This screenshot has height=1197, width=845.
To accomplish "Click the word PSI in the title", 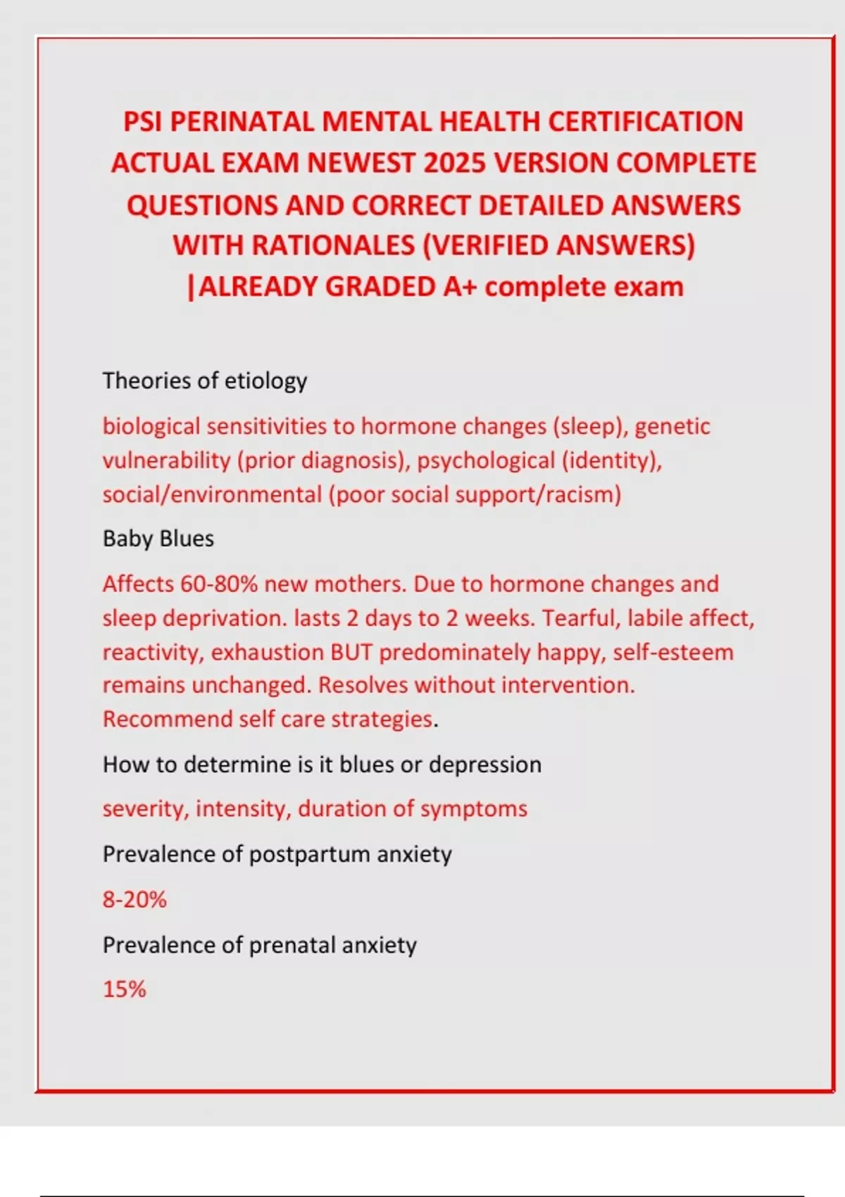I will pyautogui.click(x=144, y=122).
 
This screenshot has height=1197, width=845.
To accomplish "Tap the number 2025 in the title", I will pyautogui.click(x=456, y=163).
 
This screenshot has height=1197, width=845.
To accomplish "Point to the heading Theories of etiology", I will pyautogui.click(x=205, y=381).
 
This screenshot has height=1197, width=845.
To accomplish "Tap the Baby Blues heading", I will pyautogui.click(x=158, y=539).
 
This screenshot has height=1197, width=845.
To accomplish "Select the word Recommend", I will pyautogui.click(x=168, y=719).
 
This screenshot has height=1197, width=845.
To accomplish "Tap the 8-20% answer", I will pyautogui.click(x=134, y=900).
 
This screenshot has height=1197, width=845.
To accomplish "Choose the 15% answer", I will pyautogui.click(x=125, y=989).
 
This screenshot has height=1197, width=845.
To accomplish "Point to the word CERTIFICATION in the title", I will pyautogui.click(x=645, y=122).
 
